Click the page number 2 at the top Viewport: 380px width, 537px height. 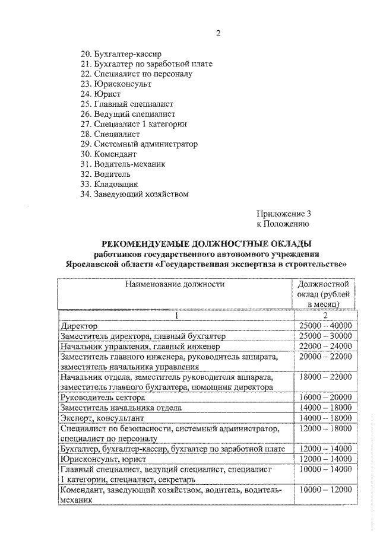pyautogui.click(x=218, y=33)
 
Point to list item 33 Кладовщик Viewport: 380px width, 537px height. pyautogui.click(x=112, y=184)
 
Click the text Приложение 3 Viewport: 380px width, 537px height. pyautogui.click(x=283, y=214)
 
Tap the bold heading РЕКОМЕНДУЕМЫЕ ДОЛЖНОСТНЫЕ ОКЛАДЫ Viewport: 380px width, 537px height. pyautogui.click(x=206, y=244)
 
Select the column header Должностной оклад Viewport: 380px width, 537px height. pyautogui.click(x=325, y=294)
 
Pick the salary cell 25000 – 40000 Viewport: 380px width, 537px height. pyautogui.click(x=325, y=326)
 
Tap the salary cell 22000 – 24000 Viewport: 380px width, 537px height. pyautogui.click(x=325, y=346)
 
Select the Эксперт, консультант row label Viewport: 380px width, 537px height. pyautogui.click(x=99, y=418)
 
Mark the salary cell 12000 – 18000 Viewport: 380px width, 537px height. pyautogui.click(x=325, y=428)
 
